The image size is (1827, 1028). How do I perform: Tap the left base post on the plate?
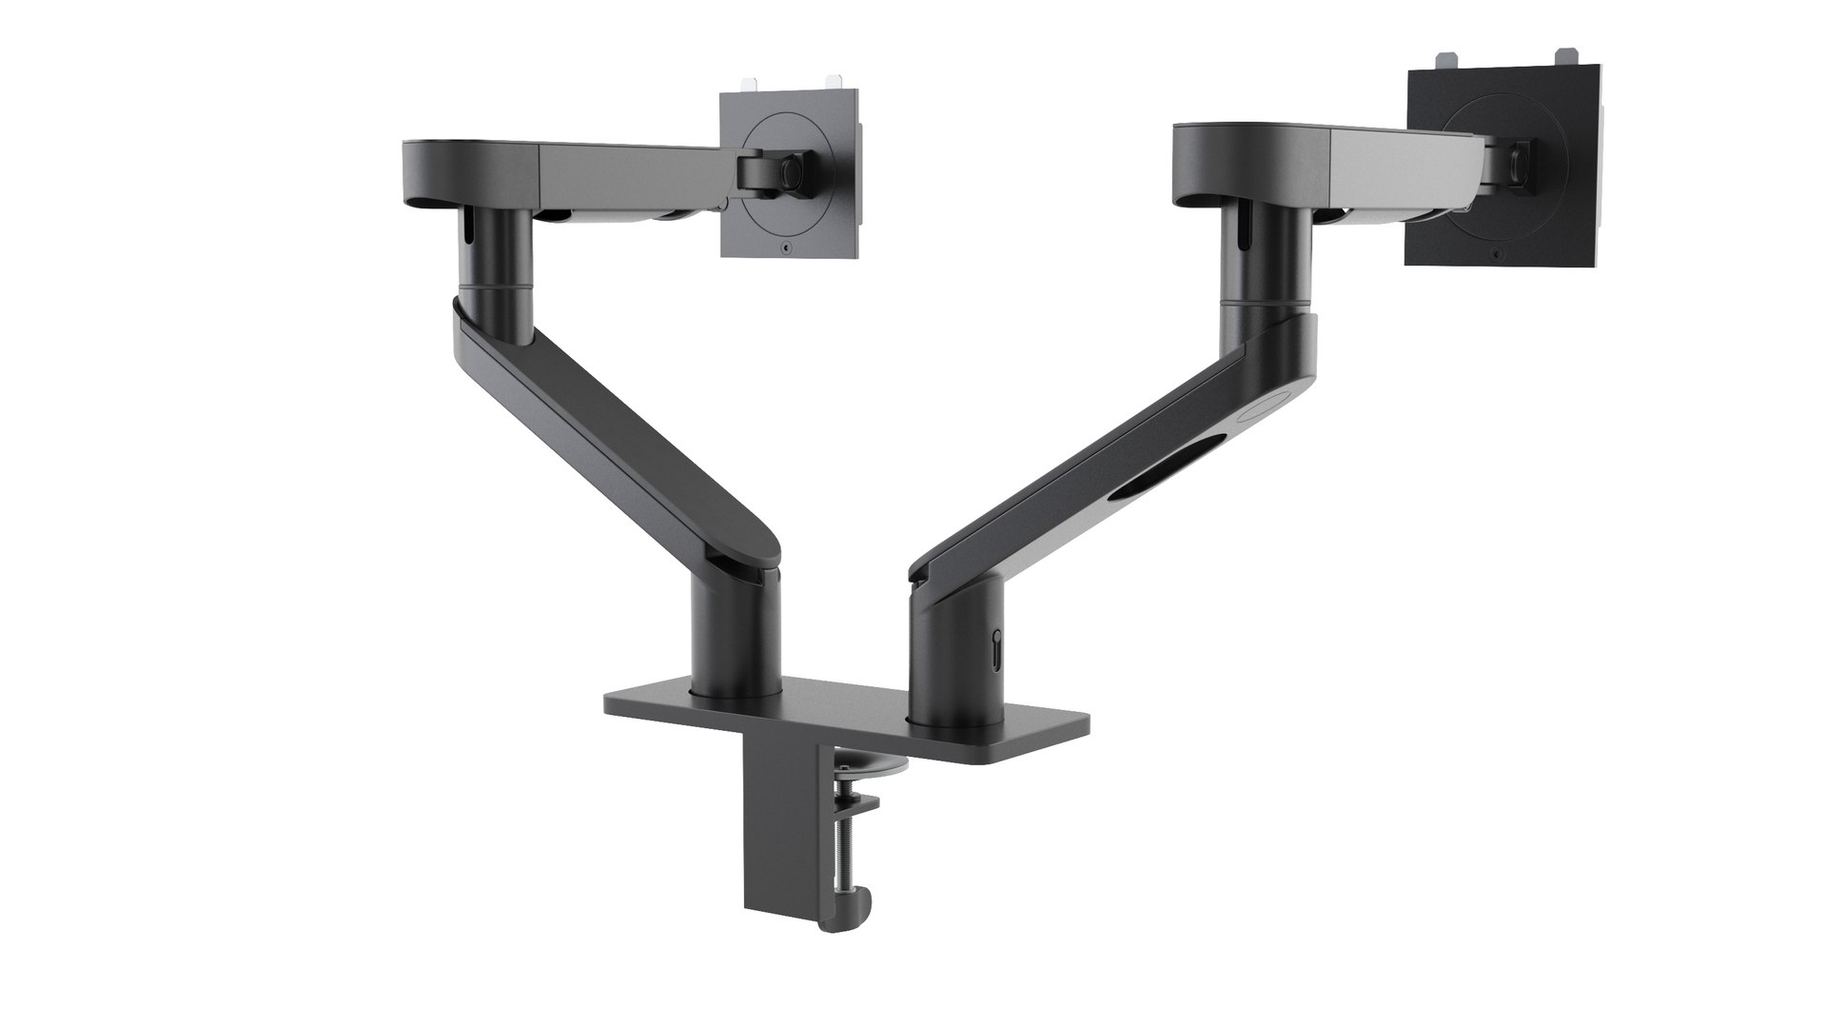click(x=736, y=647)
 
